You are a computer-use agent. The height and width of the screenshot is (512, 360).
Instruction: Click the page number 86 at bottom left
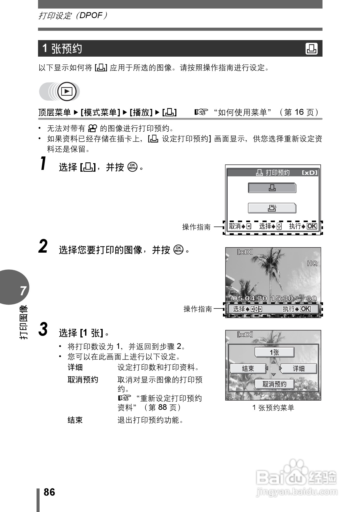[49, 492]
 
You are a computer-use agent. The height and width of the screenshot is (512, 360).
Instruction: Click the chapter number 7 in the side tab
[23, 291]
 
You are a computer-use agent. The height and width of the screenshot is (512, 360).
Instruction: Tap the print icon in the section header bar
[311, 49]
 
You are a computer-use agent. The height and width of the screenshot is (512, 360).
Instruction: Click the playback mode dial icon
[67, 91]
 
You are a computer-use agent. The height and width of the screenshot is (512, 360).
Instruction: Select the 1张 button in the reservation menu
[274, 352]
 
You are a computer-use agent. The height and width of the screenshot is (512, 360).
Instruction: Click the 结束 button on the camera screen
[248, 368]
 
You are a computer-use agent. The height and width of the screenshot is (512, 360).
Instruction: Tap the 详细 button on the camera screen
[299, 368]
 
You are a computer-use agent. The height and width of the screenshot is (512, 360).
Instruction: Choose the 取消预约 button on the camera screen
[274, 384]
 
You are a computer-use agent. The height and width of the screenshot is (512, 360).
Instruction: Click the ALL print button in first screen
[272, 208]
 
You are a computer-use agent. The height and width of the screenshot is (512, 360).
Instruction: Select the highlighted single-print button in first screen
[272, 188]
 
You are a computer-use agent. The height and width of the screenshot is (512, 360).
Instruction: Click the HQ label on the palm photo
[312, 263]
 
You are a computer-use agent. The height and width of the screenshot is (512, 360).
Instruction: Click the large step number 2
[43, 246]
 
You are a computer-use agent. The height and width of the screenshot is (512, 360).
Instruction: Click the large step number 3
[43, 329]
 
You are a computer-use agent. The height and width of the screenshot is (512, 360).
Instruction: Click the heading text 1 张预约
[62, 49]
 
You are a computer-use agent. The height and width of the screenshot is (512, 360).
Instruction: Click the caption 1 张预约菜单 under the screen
[273, 408]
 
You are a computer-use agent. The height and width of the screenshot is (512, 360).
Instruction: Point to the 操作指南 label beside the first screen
[196, 227]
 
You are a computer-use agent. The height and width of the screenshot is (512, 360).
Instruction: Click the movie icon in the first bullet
[92, 128]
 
